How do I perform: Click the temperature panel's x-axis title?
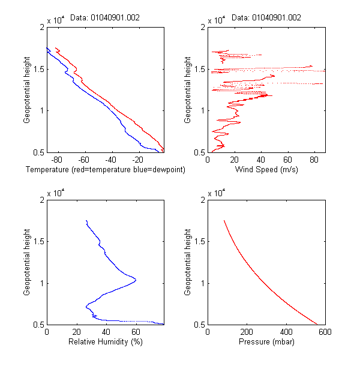click(105, 170)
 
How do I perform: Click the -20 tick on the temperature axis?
click(137, 160)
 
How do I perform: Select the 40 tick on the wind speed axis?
click(260, 160)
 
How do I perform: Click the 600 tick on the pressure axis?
click(325, 332)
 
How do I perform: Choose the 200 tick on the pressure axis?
click(247, 332)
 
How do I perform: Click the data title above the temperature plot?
click(105, 18)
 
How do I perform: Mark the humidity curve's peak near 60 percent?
click(136, 280)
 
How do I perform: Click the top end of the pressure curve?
click(224, 221)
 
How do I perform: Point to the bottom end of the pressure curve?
click(317, 324)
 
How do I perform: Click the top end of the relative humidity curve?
click(86, 221)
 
